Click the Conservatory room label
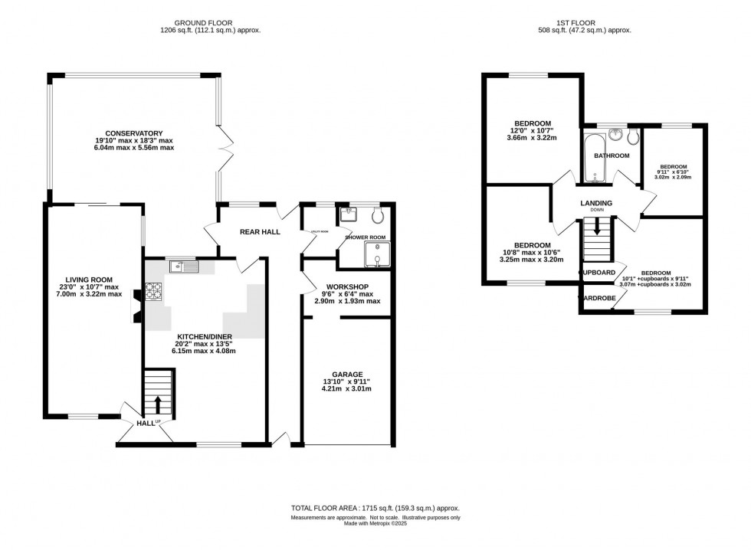pyautogui.click(x=134, y=133)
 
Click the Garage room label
pyautogui.click(x=347, y=374)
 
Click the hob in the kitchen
pyautogui.click(x=153, y=292)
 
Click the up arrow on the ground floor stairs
pyautogui.click(x=159, y=403)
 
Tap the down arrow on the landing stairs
pyautogui.click(x=598, y=229)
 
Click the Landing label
pyautogui.click(x=595, y=202)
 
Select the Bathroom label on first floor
pyautogui.click(x=612, y=156)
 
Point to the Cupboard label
pyautogui.click(x=598, y=273)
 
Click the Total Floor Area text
pyautogui.click(x=375, y=508)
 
